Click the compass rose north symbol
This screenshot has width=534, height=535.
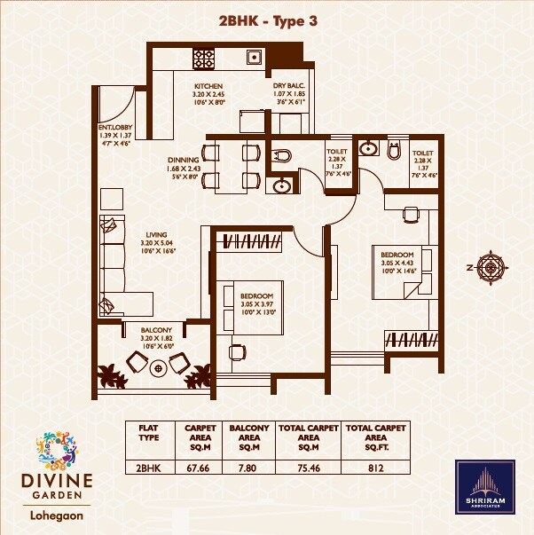click(491, 265)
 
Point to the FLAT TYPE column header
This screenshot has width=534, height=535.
click(149, 432)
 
